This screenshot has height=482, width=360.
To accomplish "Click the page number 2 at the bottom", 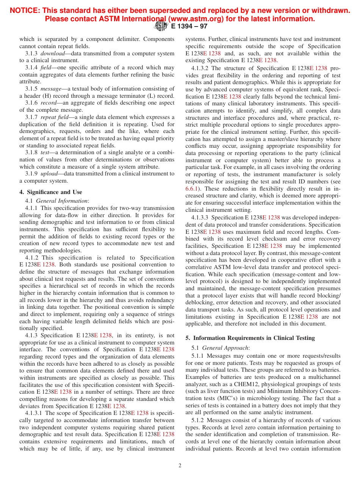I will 180,465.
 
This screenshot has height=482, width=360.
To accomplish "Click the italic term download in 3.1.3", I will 52,53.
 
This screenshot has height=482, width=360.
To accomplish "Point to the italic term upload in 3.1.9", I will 49,174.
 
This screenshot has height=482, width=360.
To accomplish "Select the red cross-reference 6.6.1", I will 193,188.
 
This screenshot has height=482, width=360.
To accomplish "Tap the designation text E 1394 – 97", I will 189,27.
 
